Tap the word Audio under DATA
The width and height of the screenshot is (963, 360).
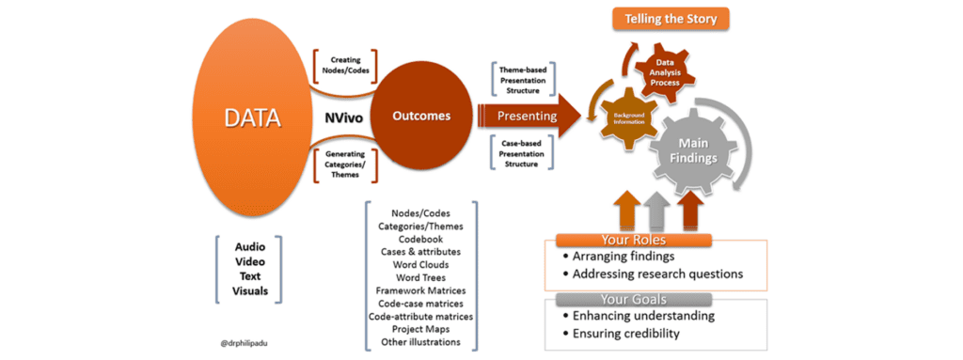pos(249,246)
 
